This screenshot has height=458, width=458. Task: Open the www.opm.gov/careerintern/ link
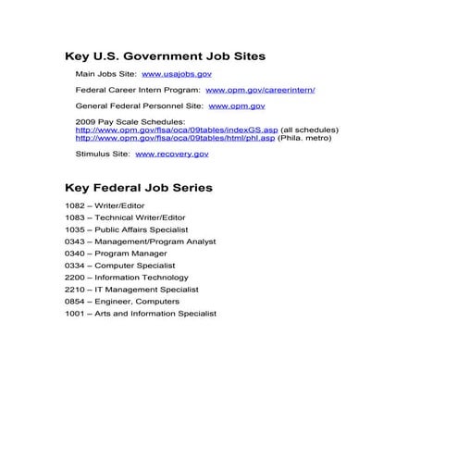pyautogui.click(x=260, y=90)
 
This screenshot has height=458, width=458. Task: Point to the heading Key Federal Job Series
pyautogui.click(x=139, y=188)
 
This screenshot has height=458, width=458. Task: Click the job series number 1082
pyautogui.click(x=74, y=205)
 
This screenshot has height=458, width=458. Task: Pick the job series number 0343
pyautogui.click(x=74, y=241)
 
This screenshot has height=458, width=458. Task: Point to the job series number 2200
pyautogui.click(x=74, y=278)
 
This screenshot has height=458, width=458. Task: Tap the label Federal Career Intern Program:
pyautogui.click(x=137, y=90)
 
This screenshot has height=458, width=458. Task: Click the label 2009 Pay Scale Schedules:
pyautogui.click(x=130, y=121)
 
